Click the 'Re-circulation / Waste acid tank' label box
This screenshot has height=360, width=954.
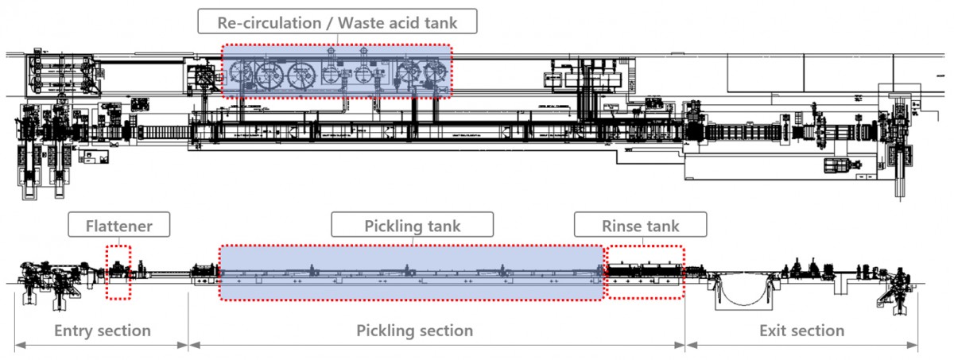pyautogui.click(x=338, y=22)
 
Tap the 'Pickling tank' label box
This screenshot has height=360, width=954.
pyautogui.click(x=413, y=226)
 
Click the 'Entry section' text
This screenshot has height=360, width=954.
pyautogui.click(x=102, y=330)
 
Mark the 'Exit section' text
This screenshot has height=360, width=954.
pyautogui.click(x=801, y=330)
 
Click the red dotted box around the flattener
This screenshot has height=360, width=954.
pyautogui.click(x=118, y=273)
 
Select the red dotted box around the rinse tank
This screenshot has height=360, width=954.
pyautogui.click(x=644, y=272)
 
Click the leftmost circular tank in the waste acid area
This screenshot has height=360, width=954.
pyautogui.click(x=238, y=74)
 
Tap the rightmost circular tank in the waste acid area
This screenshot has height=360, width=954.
pyautogui.click(x=433, y=74)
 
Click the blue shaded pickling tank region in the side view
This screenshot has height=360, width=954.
pyautogui.click(x=411, y=273)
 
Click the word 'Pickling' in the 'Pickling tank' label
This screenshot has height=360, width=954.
pyautogui.click(x=394, y=226)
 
